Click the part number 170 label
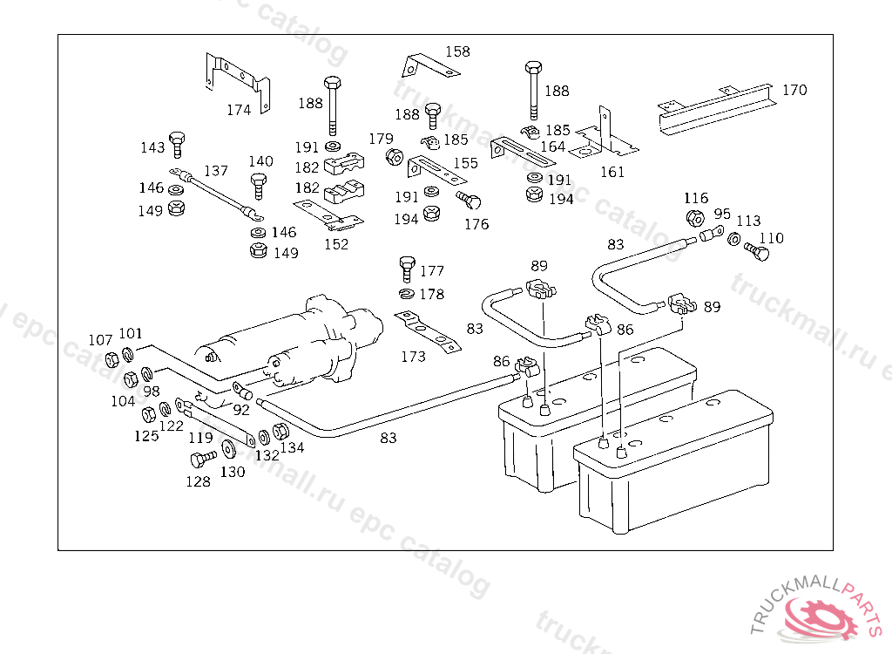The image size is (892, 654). tap(794, 90)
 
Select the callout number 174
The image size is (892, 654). tap(239, 110)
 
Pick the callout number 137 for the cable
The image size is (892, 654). tap(216, 171)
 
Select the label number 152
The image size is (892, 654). tap(336, 244)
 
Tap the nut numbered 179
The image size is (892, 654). tap(394, 158)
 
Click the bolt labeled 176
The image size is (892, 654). tap(469, 200)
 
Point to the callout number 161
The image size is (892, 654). tap(612, 172)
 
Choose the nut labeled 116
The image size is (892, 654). tap(694, 218)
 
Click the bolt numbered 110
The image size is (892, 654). tap(759, 252)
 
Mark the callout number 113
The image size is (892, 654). tap(748, 221)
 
